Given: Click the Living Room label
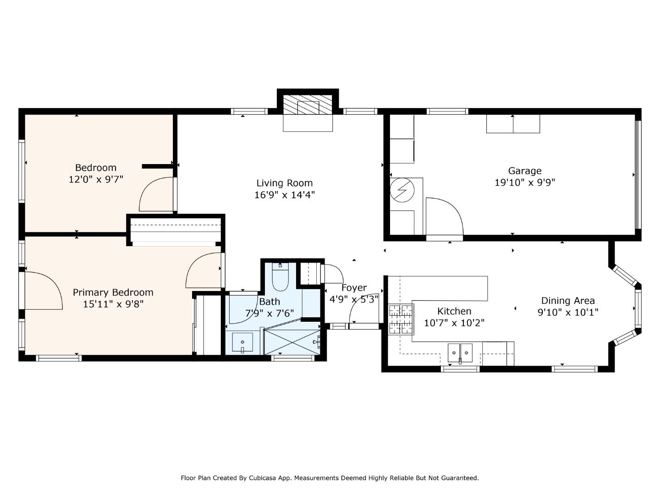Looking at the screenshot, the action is tap(284, 183).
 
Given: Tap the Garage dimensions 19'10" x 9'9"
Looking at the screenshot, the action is tap(525, 182).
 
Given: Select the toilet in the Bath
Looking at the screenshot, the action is tap(280, 277).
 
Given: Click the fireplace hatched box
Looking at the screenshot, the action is tap(308, 104).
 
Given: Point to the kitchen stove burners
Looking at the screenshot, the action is tap(401, 319).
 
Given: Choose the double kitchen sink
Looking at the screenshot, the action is tap(460, 353).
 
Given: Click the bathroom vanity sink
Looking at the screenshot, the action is tap(242, 342).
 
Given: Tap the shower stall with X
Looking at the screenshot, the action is tap(292, 342).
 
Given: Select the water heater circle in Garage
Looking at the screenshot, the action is tap(402, 190).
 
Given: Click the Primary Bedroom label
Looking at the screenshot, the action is tap(113, 292).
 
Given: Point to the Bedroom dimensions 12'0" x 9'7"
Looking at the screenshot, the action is tap(96, 180).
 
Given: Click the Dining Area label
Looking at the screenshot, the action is tap(568, 301).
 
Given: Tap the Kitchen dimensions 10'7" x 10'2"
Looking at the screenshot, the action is tap(454, 323).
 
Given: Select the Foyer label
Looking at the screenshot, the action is tap(354, 288).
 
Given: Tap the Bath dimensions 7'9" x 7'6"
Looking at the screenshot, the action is tap(269, 313).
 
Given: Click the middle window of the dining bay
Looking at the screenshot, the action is tap(638, 308).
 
